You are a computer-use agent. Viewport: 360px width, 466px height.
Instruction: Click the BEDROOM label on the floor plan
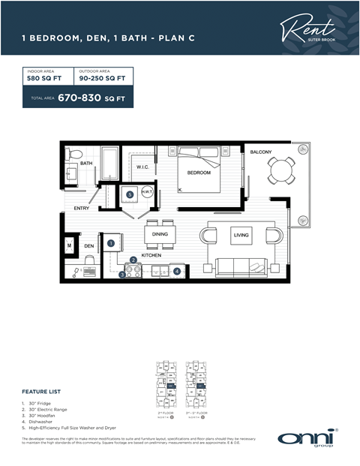click(199, 173)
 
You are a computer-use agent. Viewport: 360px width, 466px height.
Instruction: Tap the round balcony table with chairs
click(281, 170)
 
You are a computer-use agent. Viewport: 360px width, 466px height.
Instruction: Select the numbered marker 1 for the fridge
click(111, 242)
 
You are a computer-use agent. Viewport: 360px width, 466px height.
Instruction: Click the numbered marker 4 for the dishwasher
click(177, 271)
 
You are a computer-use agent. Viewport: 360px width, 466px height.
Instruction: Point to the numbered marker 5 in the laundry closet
click(130, 194)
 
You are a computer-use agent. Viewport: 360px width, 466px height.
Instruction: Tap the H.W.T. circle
click(145, 193)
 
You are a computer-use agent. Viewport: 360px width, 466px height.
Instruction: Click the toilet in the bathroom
click(73, 155)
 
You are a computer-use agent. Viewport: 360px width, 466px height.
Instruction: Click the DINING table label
click(160, 234)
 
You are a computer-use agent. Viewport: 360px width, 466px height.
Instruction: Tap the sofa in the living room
click(239, 266)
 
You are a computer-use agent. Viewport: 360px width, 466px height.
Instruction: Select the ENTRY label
click(82, 208)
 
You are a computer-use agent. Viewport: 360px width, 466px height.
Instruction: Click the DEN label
click(88, 245)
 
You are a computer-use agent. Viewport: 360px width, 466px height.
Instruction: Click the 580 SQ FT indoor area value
click(43, 77)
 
